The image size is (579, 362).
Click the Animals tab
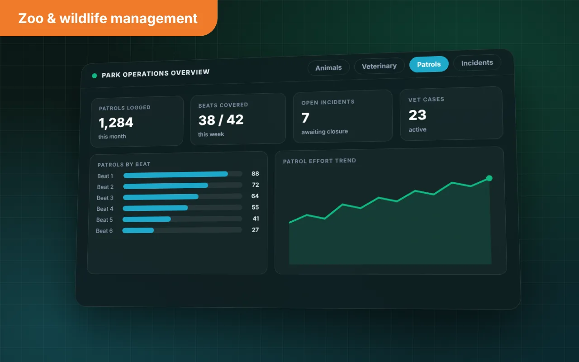(328, 68)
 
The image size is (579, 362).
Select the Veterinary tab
(379, 66)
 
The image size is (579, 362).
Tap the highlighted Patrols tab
(429, 64)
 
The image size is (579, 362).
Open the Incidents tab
(477, 62)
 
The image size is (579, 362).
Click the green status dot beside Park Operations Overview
(95, 76)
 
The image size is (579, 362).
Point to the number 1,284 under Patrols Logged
(116, 123)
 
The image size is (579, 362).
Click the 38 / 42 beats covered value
(221, 120)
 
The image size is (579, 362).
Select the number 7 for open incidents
(305, 118)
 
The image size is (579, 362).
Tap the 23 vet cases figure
(418, 115)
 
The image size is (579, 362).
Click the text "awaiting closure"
(325, 132)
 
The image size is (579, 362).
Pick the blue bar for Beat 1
(176, 175)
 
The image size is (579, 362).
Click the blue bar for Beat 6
(138, 230)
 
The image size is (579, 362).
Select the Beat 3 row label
(105, 198)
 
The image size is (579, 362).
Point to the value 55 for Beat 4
(255, 207)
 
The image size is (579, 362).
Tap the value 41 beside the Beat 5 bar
(256, 219)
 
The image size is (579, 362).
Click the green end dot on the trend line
(489, 178)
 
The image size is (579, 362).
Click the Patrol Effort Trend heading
(319, 161)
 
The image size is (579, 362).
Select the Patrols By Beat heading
(124, 164)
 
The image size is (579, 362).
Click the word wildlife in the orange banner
(83, 19)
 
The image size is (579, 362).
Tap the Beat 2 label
(105, 187)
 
